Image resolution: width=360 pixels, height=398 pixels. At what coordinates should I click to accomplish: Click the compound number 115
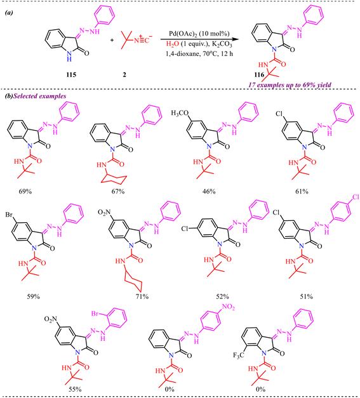pos(71,75)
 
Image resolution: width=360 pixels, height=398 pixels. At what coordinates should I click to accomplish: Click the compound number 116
pos(259,75)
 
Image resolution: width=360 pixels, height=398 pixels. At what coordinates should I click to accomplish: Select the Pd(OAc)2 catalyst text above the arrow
pos(199,34)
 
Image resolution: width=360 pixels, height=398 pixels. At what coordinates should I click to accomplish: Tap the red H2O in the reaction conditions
pos(173,44)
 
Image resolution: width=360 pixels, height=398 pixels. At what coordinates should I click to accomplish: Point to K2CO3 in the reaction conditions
pos(222,44)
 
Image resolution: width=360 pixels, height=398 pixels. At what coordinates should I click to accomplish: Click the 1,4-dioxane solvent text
pos(182,53)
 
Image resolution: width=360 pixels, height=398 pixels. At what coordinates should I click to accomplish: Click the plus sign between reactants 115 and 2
pos(112,40)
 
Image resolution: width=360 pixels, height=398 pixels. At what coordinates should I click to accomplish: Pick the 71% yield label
pos(142,296)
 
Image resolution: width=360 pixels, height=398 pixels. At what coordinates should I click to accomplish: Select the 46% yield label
pos(209,192)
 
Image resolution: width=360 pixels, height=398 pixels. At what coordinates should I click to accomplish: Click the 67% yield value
pos(118,192)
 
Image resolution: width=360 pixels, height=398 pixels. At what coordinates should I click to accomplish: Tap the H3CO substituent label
pos(180,113)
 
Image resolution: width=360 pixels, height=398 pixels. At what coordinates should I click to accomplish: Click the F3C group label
pos(238,355)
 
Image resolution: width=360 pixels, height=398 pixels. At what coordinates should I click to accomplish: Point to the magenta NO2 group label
pos(229,307)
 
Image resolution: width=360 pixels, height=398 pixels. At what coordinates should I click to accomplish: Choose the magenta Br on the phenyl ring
pos(95,314)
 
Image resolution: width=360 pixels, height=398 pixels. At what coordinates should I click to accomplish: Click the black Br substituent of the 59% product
pos(9,215)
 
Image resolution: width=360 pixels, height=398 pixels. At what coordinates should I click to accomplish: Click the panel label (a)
pos(9,13)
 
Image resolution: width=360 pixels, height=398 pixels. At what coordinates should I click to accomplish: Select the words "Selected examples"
pos(39,96)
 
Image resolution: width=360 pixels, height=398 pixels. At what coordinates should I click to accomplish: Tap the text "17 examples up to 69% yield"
pos(290,85)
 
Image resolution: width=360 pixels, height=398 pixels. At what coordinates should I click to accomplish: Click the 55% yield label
pos(75,389)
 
